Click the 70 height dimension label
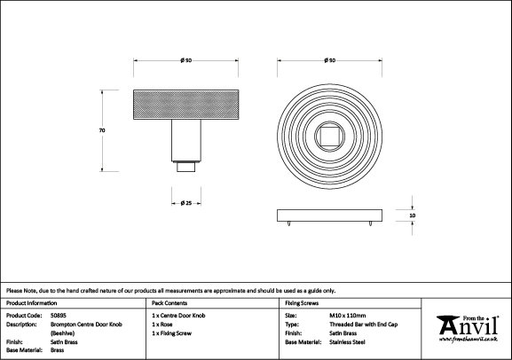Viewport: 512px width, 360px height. [x=102, y=130]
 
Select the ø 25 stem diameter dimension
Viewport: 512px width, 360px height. [x=186, y=203]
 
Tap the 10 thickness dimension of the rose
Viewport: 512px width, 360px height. [x=413, y=215]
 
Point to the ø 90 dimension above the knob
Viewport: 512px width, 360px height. [x=186, y=60]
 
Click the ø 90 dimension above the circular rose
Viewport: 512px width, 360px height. [x=330, y=60]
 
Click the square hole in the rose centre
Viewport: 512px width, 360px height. [x=330, y=137]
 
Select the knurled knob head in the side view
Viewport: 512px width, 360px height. [x=186, y=105]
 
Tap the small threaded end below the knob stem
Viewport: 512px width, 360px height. [x=186, y=167]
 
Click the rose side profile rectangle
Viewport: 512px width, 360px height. [x=330, y=215]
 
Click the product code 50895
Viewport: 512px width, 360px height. [x=59, y=316]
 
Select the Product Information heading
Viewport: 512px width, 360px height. [x=32, y=303]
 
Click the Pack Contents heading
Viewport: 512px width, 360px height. [x=169, y=303]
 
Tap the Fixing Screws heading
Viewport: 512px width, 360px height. [x=302, y=303]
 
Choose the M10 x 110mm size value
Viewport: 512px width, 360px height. [x=348, y=316]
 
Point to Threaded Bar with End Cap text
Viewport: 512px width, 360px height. [x=364, y=325]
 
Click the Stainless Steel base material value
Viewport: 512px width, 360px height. [x=348, y=342]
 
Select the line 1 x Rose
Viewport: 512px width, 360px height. [x=162, y=325]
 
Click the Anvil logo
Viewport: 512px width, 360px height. [x=469, y=329]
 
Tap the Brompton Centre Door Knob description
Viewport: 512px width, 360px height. [x=86, y=329]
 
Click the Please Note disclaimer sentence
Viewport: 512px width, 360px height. [x=170, y=291]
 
